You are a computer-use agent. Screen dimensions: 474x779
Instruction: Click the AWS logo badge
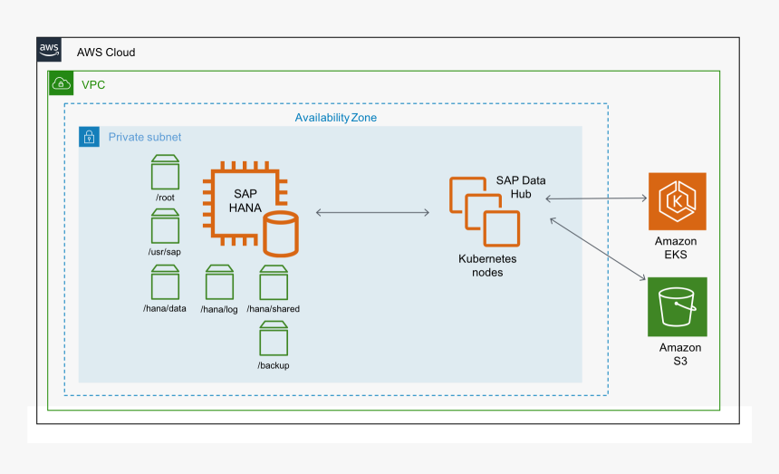click(49, 51)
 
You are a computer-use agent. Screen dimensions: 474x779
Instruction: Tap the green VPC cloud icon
click(61, 83)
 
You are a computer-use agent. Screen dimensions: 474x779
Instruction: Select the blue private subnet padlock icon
click(90, 137)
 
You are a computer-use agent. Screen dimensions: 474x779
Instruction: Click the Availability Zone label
click(335, 118)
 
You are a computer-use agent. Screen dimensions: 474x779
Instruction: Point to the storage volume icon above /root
click(165, 171)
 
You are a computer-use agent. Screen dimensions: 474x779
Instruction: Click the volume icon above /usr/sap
click(165, 226)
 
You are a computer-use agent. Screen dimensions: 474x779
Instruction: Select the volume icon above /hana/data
click(165, 282)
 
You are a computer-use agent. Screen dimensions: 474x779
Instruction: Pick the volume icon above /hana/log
click(219, 282)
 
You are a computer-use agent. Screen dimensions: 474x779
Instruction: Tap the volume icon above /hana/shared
click(274, 282)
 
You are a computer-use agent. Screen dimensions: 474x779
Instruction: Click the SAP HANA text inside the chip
click(245, 201)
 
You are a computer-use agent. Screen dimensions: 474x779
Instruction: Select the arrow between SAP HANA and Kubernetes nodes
click(372, 213)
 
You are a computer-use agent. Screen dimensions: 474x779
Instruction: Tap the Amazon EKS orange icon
click(677, 201)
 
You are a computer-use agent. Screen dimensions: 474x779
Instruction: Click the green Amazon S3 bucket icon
click(677, 307)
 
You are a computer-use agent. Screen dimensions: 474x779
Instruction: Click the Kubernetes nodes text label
click(487, 266)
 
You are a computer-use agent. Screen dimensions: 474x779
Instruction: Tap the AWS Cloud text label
click(106, 53)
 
